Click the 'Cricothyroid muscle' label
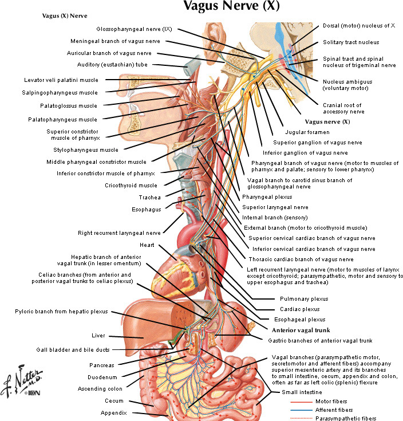point(131,185)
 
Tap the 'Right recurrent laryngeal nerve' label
point(119,233)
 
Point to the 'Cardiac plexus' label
point(298,309)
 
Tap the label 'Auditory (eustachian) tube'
point(118,65)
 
